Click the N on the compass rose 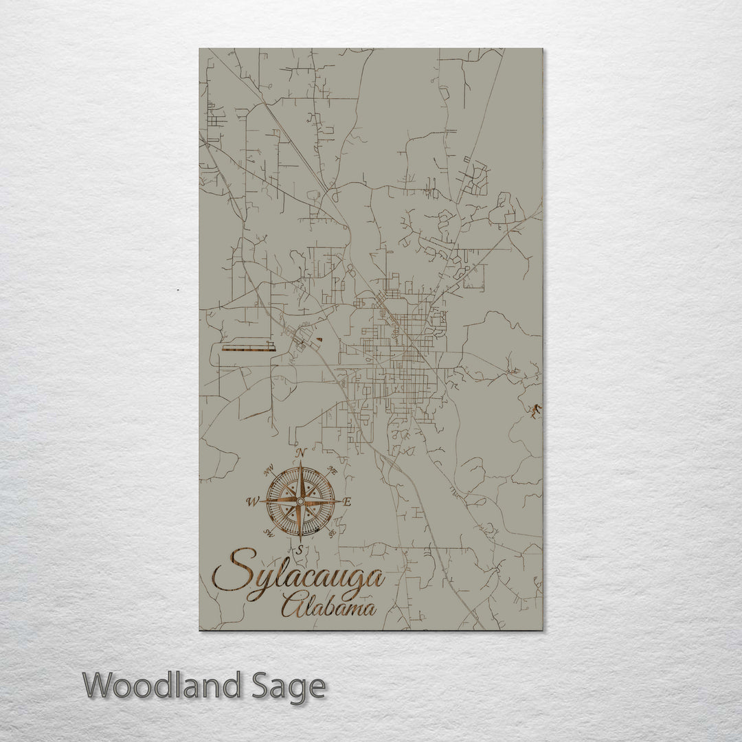(300, 452)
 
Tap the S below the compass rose (300, 549)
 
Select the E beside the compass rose (347, 502)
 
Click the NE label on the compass (333, 471)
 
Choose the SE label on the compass (333, 532)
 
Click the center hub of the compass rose (300, 502)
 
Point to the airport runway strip (248, 348)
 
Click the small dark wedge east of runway (319, 339)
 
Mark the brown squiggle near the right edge (535, 410)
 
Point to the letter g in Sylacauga (359, 583)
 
